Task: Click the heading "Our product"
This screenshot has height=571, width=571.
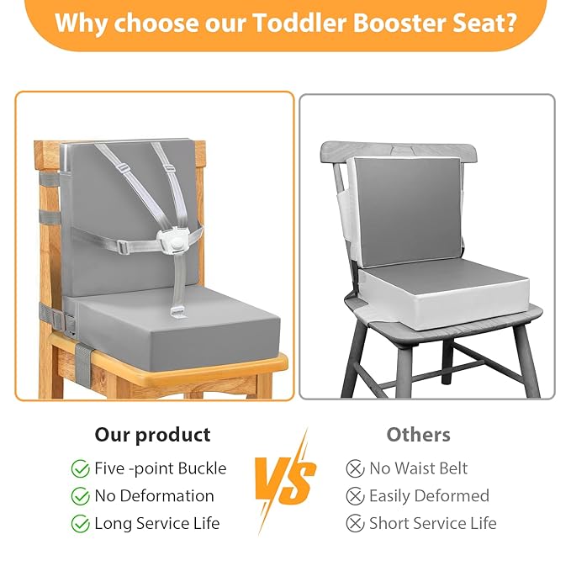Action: point(152,435)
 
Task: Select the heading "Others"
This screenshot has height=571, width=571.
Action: point(418,435)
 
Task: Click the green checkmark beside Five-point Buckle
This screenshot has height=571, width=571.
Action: point(81,468)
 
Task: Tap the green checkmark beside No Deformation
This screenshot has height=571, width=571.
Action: point(81,496)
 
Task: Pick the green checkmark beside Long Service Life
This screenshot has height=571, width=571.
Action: point(81,524)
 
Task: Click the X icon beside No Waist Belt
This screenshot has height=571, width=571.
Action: point(355,468)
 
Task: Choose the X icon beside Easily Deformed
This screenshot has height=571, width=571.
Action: point(355,496)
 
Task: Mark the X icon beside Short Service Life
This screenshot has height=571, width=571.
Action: point(355,524)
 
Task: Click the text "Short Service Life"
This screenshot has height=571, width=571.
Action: point(432,524)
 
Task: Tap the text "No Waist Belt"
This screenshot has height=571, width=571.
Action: point(418,468)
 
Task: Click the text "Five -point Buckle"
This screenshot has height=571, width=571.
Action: point(160,468)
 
